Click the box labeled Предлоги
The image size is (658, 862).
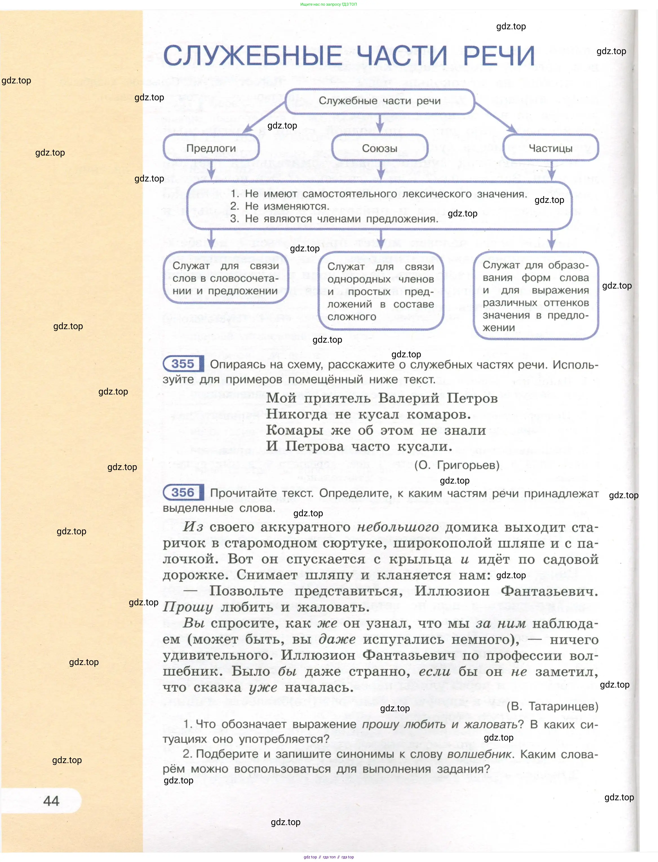[x=211, y=148]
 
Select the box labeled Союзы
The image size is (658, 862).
[x=380, y=148]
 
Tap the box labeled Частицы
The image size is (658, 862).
[x=550, y=148]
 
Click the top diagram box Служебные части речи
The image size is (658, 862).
[x=380, y=101]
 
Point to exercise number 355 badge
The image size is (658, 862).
[x=183, y=364]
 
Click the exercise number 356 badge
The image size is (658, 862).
[x=183, y=492]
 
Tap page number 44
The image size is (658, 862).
[x=51, y=801]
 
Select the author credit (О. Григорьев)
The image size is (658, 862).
[x=457, y=465]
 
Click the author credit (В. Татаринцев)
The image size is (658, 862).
[x=552, y=706]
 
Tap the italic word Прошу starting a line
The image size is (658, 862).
[x=188, y=607]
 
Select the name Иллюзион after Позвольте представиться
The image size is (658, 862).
[x=452, y=591]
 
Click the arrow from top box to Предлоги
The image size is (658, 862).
[x=263, y=118]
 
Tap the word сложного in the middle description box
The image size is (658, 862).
[x=352, y=317]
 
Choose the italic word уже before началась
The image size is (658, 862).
[x=263, y=687]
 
